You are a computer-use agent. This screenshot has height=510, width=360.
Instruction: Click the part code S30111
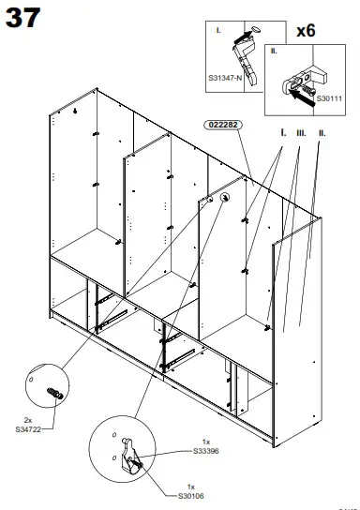(329, 97)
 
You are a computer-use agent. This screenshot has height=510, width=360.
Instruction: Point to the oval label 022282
(221, 125)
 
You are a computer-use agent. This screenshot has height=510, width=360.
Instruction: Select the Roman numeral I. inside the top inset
(218, 31)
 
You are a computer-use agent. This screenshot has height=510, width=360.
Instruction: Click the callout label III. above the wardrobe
(300, 134)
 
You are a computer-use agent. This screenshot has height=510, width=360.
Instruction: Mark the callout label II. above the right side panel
(321, 134)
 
